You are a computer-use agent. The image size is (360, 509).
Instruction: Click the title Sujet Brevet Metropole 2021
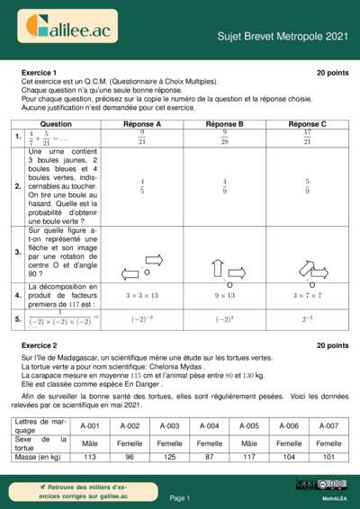[282, 36]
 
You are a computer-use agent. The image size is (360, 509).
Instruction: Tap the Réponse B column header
[224, 123]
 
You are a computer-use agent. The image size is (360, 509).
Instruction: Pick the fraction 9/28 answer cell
[224, 137]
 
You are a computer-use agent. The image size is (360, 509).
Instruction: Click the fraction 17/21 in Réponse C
[307, 137]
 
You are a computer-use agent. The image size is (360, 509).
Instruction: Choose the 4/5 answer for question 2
[141, 186]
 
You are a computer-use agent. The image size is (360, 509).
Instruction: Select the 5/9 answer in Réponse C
[307, 186]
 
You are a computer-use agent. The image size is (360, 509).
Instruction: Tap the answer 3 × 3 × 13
[141, 294]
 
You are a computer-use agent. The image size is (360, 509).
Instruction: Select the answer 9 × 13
[224, 294]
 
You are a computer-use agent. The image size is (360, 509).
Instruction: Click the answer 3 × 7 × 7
[307, 294]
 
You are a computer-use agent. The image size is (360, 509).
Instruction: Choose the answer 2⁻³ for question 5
[307, 318]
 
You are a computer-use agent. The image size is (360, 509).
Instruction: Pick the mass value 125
[169, 458]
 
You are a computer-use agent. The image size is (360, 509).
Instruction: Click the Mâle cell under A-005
[249, 443]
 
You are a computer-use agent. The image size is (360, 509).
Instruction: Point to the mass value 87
[209, 458]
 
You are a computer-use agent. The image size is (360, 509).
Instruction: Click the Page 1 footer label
[180, 497]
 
